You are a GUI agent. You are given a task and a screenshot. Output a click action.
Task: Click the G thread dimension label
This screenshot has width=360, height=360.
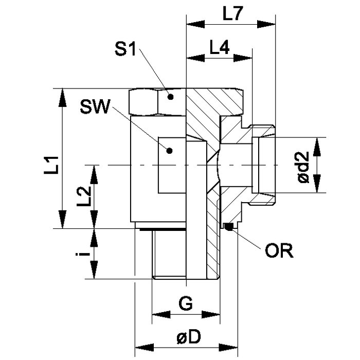coord(186,304)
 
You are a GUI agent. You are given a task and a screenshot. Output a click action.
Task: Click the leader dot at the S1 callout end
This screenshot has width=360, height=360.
coord(171,96)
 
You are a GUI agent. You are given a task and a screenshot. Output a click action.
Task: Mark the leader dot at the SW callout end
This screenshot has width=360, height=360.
coord(168,150)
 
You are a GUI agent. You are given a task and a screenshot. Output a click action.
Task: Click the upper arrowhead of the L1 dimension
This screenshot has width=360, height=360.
coord(63,94)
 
